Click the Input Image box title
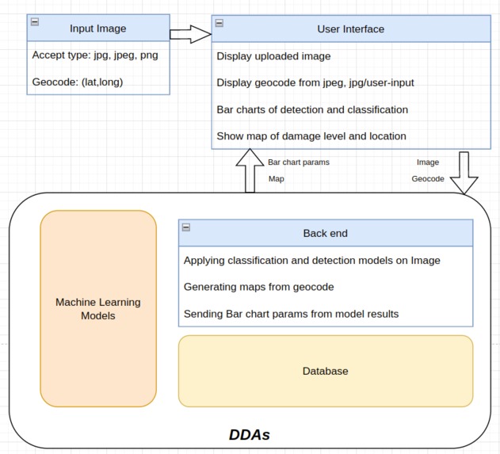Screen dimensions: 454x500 97,29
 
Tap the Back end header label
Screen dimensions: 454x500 325,233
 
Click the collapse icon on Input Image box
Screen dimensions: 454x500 35,22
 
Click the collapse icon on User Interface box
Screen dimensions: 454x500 219,23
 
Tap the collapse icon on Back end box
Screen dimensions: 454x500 186,227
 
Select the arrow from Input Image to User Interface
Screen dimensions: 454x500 191,34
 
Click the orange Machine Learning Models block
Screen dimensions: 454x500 98,309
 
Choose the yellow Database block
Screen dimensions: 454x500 325,371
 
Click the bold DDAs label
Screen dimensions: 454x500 250,435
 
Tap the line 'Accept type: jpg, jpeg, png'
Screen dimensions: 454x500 95,55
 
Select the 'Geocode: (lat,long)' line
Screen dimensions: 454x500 77,81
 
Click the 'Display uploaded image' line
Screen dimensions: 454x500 273,56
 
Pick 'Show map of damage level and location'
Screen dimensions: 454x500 311,135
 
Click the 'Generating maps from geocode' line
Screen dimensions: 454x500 258,287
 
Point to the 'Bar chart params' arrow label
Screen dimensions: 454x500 299,162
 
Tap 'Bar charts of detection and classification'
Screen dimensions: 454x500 312,109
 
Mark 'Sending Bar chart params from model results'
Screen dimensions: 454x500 291,314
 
